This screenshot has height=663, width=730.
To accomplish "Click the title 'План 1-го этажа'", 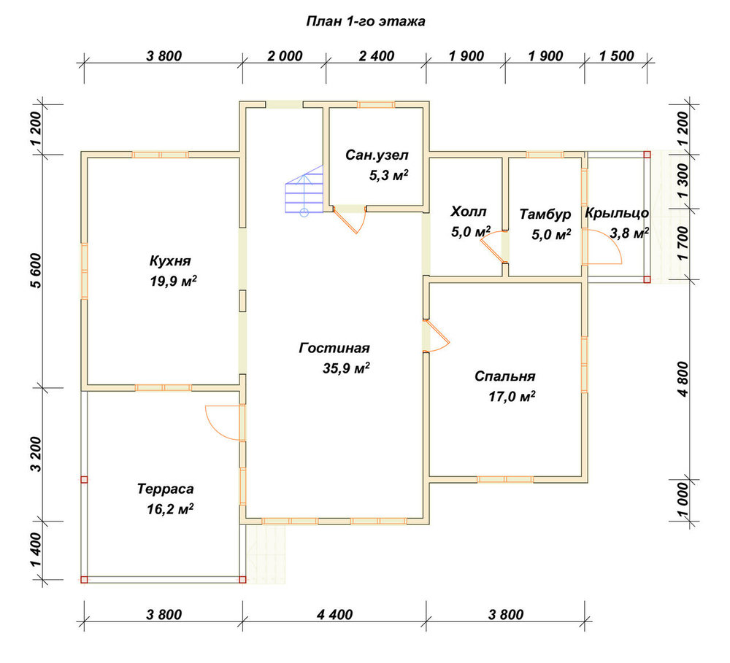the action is tap(366, 22).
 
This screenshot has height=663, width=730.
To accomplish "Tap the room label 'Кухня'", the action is tap(170, 260).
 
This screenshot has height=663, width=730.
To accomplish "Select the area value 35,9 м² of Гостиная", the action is tap(346, 368).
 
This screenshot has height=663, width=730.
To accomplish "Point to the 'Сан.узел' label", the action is tap(377, 155).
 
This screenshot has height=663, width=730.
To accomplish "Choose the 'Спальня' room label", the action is tap(504, 376).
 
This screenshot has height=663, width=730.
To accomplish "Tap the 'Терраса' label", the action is tap(165, 489).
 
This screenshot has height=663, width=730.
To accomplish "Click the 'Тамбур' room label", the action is tap(545, 214).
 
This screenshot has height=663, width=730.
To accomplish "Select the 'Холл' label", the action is tap(469, 212).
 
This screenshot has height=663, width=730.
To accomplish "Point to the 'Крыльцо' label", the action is tap(617, 213).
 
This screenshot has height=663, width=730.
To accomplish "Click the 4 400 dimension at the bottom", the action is tap(335, 615).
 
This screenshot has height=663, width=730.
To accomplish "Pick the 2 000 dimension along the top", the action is tap(285, 56).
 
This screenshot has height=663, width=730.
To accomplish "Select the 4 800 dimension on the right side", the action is tap(683, 379).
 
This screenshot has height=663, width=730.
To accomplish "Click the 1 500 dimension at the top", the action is tap(616, 56).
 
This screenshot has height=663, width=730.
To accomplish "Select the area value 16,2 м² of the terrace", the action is tap(170, 509).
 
